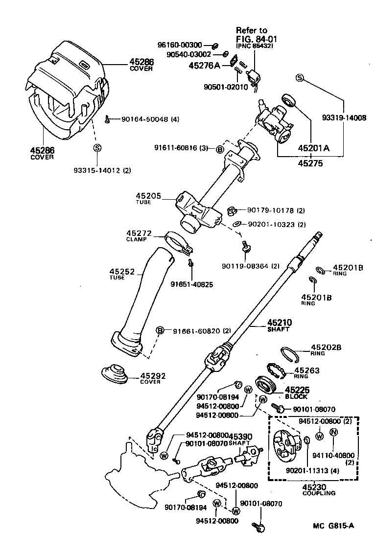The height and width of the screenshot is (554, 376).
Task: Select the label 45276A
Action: tap(204, 65)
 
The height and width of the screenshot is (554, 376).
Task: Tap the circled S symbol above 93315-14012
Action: tap(97, 148)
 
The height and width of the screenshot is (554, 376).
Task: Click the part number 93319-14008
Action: tap(344, 117)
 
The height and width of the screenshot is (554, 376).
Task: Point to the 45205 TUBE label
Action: tap(148, 198)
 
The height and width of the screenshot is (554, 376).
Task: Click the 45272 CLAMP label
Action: tap(140, 236)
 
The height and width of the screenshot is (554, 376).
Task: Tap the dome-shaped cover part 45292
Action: tap(114, 373)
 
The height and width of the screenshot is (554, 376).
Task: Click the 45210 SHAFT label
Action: tap(279, 325)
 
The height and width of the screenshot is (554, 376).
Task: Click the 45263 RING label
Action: tap(307, 373)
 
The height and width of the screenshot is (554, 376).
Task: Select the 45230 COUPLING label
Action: tap(319, 490)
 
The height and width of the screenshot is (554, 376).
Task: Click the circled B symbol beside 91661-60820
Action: tap(160, 331)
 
